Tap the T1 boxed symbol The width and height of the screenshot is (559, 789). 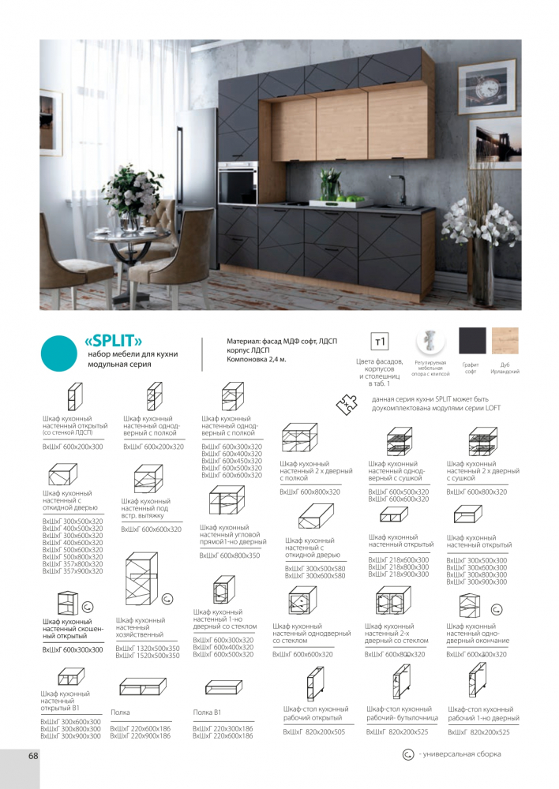(380, 342)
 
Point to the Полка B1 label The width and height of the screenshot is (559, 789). (207, 713)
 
